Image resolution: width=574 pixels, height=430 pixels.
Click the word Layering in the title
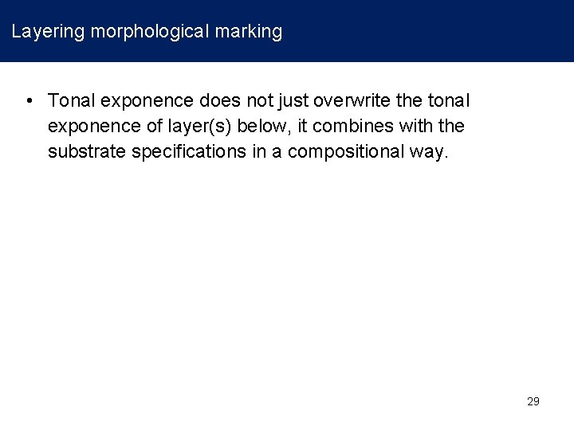pos(48,32)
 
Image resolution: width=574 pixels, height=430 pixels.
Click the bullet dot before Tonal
pos(28,101)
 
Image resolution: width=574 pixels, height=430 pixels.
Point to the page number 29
pos(533,401)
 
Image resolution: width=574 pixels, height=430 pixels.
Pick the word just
pos(293,101)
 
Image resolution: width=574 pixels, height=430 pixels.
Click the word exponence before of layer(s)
pos(87,127)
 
